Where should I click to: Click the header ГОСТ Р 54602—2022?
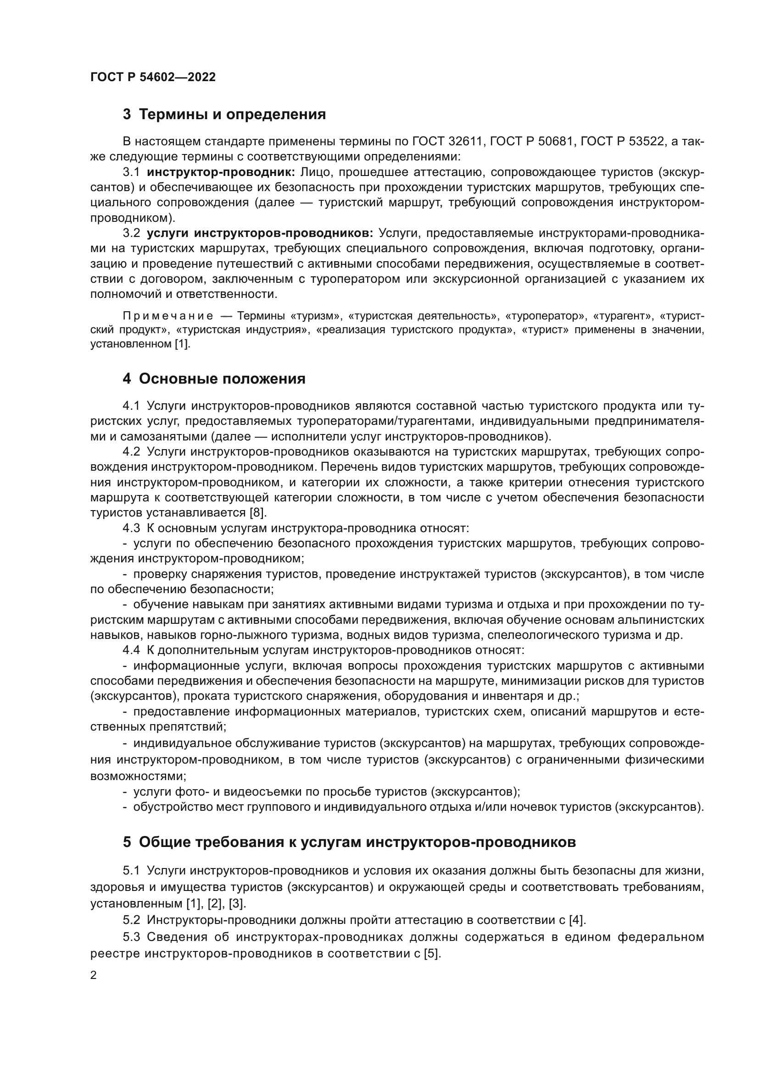(153, 77)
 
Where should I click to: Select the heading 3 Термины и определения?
(224, 115)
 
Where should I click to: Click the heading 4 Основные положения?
(214, 379)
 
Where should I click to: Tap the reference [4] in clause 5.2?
(577, 920)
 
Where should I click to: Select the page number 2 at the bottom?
(94, 975)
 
